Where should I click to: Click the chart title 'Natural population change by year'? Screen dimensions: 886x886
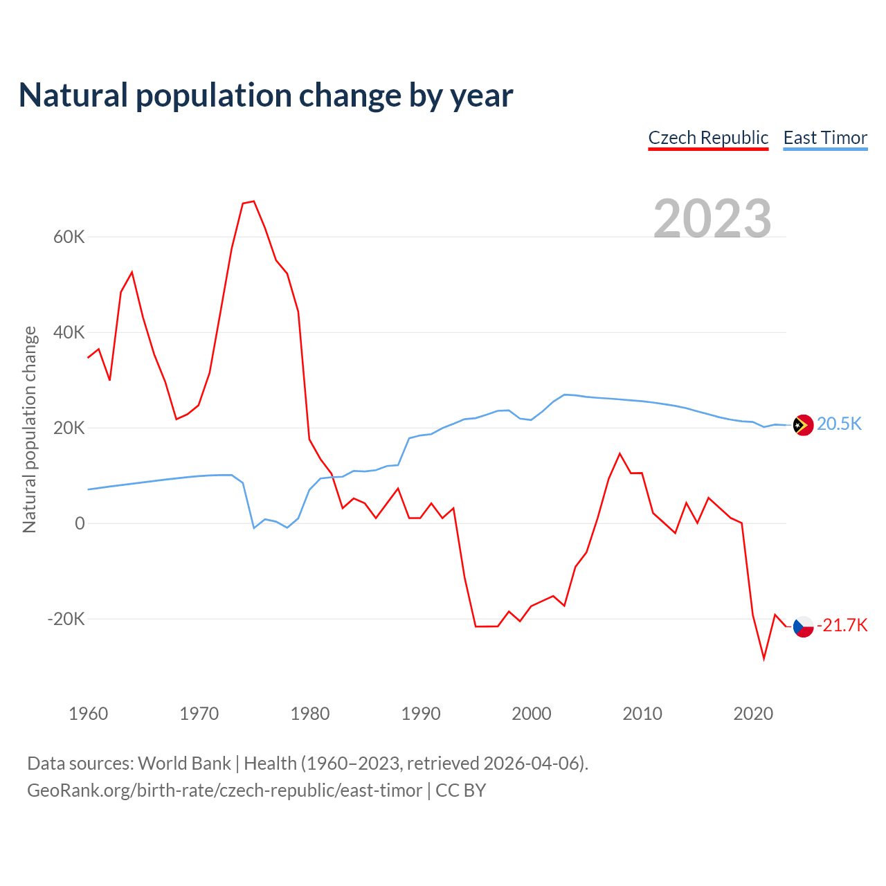266,96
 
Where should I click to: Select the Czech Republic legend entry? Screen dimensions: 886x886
708,138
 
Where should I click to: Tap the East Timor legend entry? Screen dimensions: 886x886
825,138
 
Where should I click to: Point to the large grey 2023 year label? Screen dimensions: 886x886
712,218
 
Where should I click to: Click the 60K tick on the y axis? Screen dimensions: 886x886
69,237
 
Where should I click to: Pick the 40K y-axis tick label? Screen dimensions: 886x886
69,333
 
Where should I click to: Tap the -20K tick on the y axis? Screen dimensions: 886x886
66,619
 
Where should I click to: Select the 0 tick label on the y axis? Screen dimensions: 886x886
80,524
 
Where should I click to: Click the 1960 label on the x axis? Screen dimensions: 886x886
89,714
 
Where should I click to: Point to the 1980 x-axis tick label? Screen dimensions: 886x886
310,714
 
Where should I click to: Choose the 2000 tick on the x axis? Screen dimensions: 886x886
532,714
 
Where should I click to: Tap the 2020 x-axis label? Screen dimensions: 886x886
753,714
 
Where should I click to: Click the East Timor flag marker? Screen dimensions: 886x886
803,425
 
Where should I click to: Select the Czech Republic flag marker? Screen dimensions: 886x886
803,626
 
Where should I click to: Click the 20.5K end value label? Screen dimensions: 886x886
839,424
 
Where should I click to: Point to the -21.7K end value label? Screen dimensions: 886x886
842,626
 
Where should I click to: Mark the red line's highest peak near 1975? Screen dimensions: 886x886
254,201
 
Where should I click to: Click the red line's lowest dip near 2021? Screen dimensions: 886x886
764,658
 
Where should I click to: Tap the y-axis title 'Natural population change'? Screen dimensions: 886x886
30,429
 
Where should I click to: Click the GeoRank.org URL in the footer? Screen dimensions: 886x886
224,790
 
